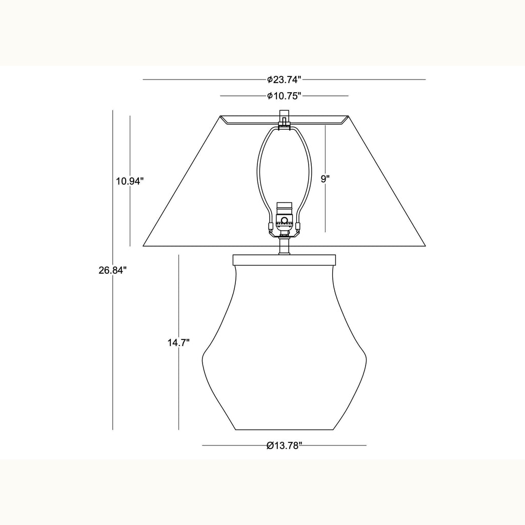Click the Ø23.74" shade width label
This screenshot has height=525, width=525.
[284, 79]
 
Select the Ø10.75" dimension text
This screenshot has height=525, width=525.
[284, 96]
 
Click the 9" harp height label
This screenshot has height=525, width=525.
[325, 178]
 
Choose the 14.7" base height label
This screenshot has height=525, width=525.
[178, 342]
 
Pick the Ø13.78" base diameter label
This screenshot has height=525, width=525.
[284, 445]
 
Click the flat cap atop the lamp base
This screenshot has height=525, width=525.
[284, 259]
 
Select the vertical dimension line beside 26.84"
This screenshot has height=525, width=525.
[112, 359]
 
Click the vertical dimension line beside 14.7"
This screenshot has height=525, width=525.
[178, 390]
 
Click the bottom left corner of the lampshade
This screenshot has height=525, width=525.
[143, 246]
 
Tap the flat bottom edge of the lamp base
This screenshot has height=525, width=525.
[284, 430]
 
